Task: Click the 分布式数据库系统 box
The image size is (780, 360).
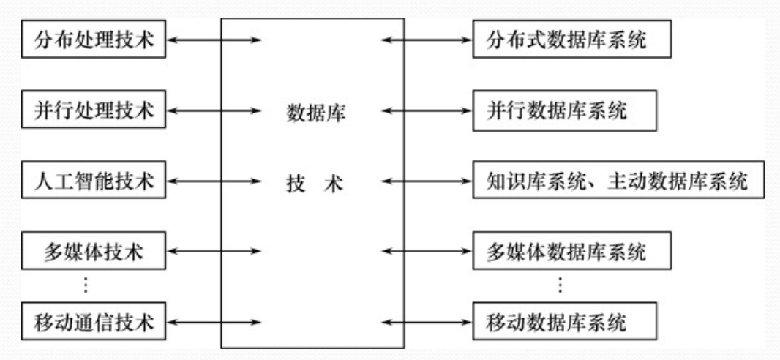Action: pyautogui.click(x=571, y=39)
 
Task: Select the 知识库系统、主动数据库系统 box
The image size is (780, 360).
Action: pyautogui.click(x=618, y=181)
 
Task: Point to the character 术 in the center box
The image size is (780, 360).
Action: pyautogui.click(x=335, y=184)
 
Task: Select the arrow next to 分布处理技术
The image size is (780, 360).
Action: pyautogui.click(x=214, y=39)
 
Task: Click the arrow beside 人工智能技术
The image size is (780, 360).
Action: pyautogui.click(x=214, y=181)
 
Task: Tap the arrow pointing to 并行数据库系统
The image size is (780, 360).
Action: pyautogui.click(x=427, y=110)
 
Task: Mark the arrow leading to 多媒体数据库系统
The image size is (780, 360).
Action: pyautogui.click(x=427, y=252)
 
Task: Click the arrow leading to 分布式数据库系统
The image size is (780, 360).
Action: pyautogui.click(x=427, y=39)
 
